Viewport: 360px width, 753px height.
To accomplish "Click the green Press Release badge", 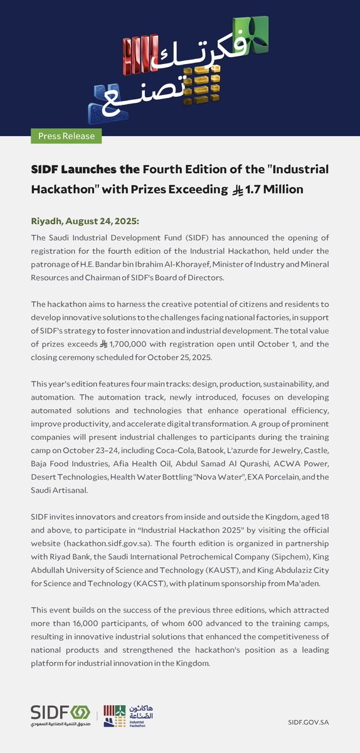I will point(66,136).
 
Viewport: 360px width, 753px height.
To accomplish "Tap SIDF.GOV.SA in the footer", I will point(309,722).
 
